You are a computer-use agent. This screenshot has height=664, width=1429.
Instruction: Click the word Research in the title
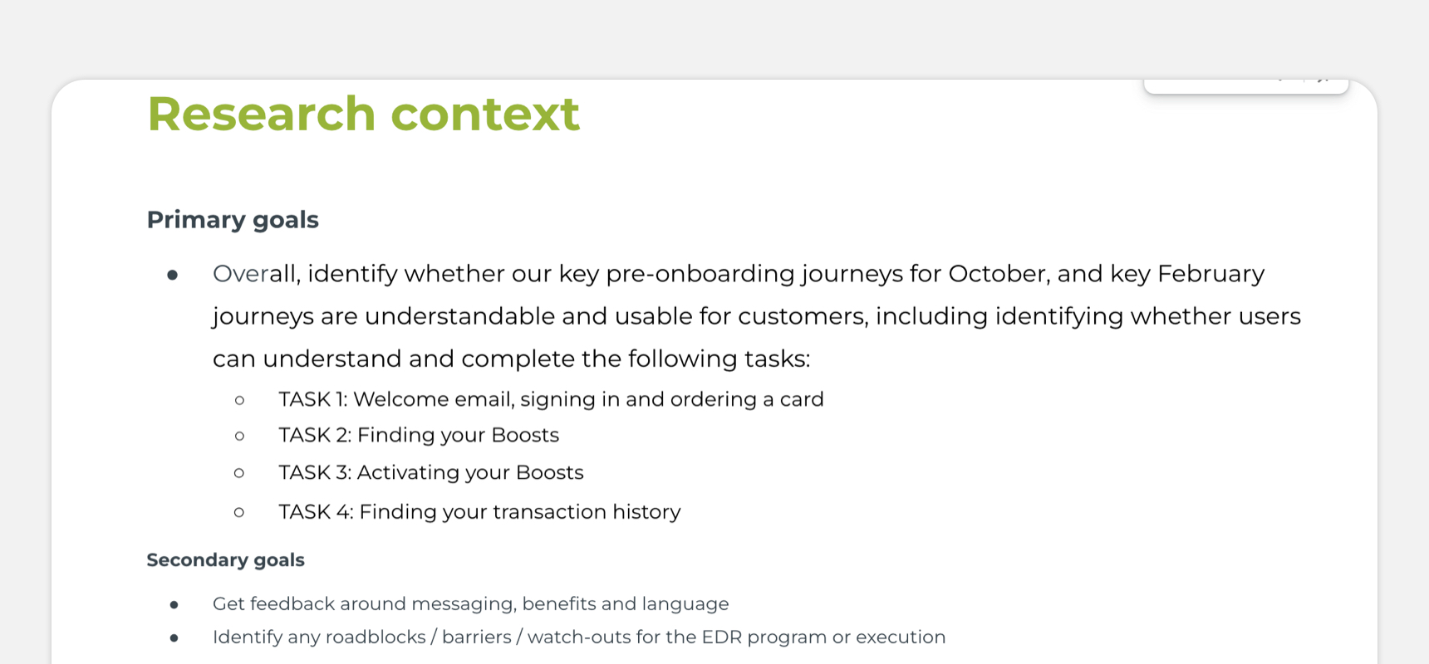tap(262, 114)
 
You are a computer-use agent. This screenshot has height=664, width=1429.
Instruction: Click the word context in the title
tap(485, 114)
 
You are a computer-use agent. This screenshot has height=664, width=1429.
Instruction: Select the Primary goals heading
tap(233, 220)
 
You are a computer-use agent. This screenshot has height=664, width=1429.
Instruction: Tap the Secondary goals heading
tap(225, 560)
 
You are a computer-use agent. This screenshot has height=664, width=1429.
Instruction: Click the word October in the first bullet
tap(995, 274)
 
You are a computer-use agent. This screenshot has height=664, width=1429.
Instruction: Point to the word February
tap(1210, 275)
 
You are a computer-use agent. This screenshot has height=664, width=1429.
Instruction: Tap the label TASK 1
tap(313, 399)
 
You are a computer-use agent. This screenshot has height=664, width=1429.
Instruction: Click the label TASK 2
tap(315, 435)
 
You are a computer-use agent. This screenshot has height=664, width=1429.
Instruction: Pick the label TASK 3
tap(315, 472)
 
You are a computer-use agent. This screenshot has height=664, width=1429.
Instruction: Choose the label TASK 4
tap(316, 511)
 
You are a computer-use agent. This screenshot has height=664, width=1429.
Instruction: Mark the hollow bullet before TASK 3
tap(239, 473)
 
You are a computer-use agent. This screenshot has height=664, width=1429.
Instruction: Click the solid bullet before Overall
tap(172, 275)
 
